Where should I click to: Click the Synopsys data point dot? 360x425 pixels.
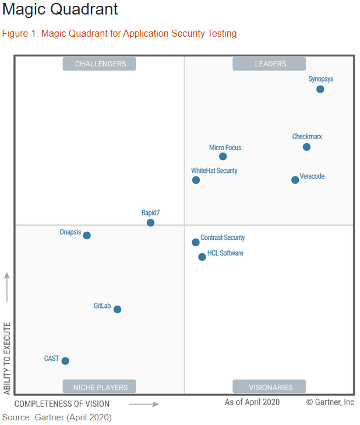pyautogui.click(x=320, y=89)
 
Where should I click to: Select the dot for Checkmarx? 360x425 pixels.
pyautogui.click(x=306, y=147)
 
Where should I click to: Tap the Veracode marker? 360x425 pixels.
pyautogui.click(x=295, y=180)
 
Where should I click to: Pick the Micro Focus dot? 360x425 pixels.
pyautogui.click(x=223, y=157)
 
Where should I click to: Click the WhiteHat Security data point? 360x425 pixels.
pyautogui.click(x=196, y=180)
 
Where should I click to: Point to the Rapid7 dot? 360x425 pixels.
pyautogui.click(x=150, y=223)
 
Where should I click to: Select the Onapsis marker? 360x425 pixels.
pyautogui.click(x=87, y=236)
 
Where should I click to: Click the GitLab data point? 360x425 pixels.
pyautogui.click(x=117, y=309)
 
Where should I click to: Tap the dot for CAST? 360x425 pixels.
pyautogui.click(x=65, y=361)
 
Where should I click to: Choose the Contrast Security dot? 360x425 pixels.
pyautogui.click(x=196, y=242)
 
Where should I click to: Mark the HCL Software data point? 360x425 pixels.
pyautogui.click(x=202, y=257)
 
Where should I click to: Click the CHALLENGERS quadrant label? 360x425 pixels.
pyautogui.click(x=100, y=64)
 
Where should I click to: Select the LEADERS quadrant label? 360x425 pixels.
pyautogui.click(x=270, y=64)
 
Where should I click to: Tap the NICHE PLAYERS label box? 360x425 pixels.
pyautogui.click(x=100, y=387)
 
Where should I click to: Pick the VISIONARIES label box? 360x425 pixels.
pyautogui.click(x=270, y=387)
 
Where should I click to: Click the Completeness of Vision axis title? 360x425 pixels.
pyautogui.click(x=62, y=403)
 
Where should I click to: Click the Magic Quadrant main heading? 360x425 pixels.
pyautogui.click(x=60, y=10)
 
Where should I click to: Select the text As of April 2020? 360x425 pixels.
pyautogui.click(x=252, y=402)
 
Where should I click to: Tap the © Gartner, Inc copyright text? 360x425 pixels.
pyautogui.click(x=330, y=402)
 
